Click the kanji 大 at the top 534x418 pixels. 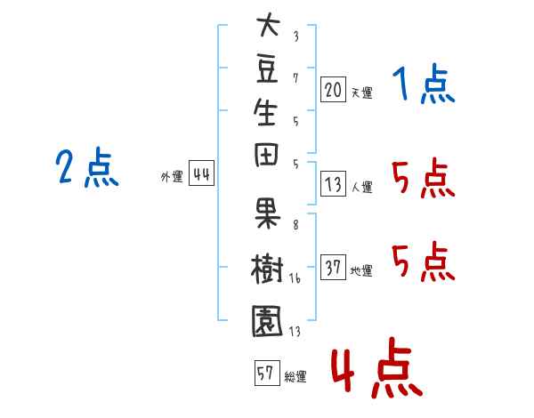click(x=269, y=25)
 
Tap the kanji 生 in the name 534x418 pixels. click(x=265, y=112)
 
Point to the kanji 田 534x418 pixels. click(x=266, y=155)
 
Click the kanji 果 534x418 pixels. click(x=267, y=213)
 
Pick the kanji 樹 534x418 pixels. click(x=267, y=269)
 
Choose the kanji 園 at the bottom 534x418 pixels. click(x=267, y=321)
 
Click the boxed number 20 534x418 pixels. click(x=333, y=90)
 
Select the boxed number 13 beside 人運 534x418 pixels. click(x=333, y=183)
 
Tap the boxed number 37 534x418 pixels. click(x=333, y=267)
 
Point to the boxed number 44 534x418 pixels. click(x=202, y=173)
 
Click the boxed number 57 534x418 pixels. click(x=267, y=373)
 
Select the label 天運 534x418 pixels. click(x=361, y=92)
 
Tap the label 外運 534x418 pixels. click(x=172, y=177)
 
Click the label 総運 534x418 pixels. click(x=295, y=376)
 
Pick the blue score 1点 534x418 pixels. click(x=424, y=84)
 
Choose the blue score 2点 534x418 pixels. click(x=87, y=167)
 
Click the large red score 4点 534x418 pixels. click(x=376, y=367)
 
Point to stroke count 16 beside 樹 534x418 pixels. click(x=295, y=278)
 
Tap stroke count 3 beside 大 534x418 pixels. click(x=296, y=36)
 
